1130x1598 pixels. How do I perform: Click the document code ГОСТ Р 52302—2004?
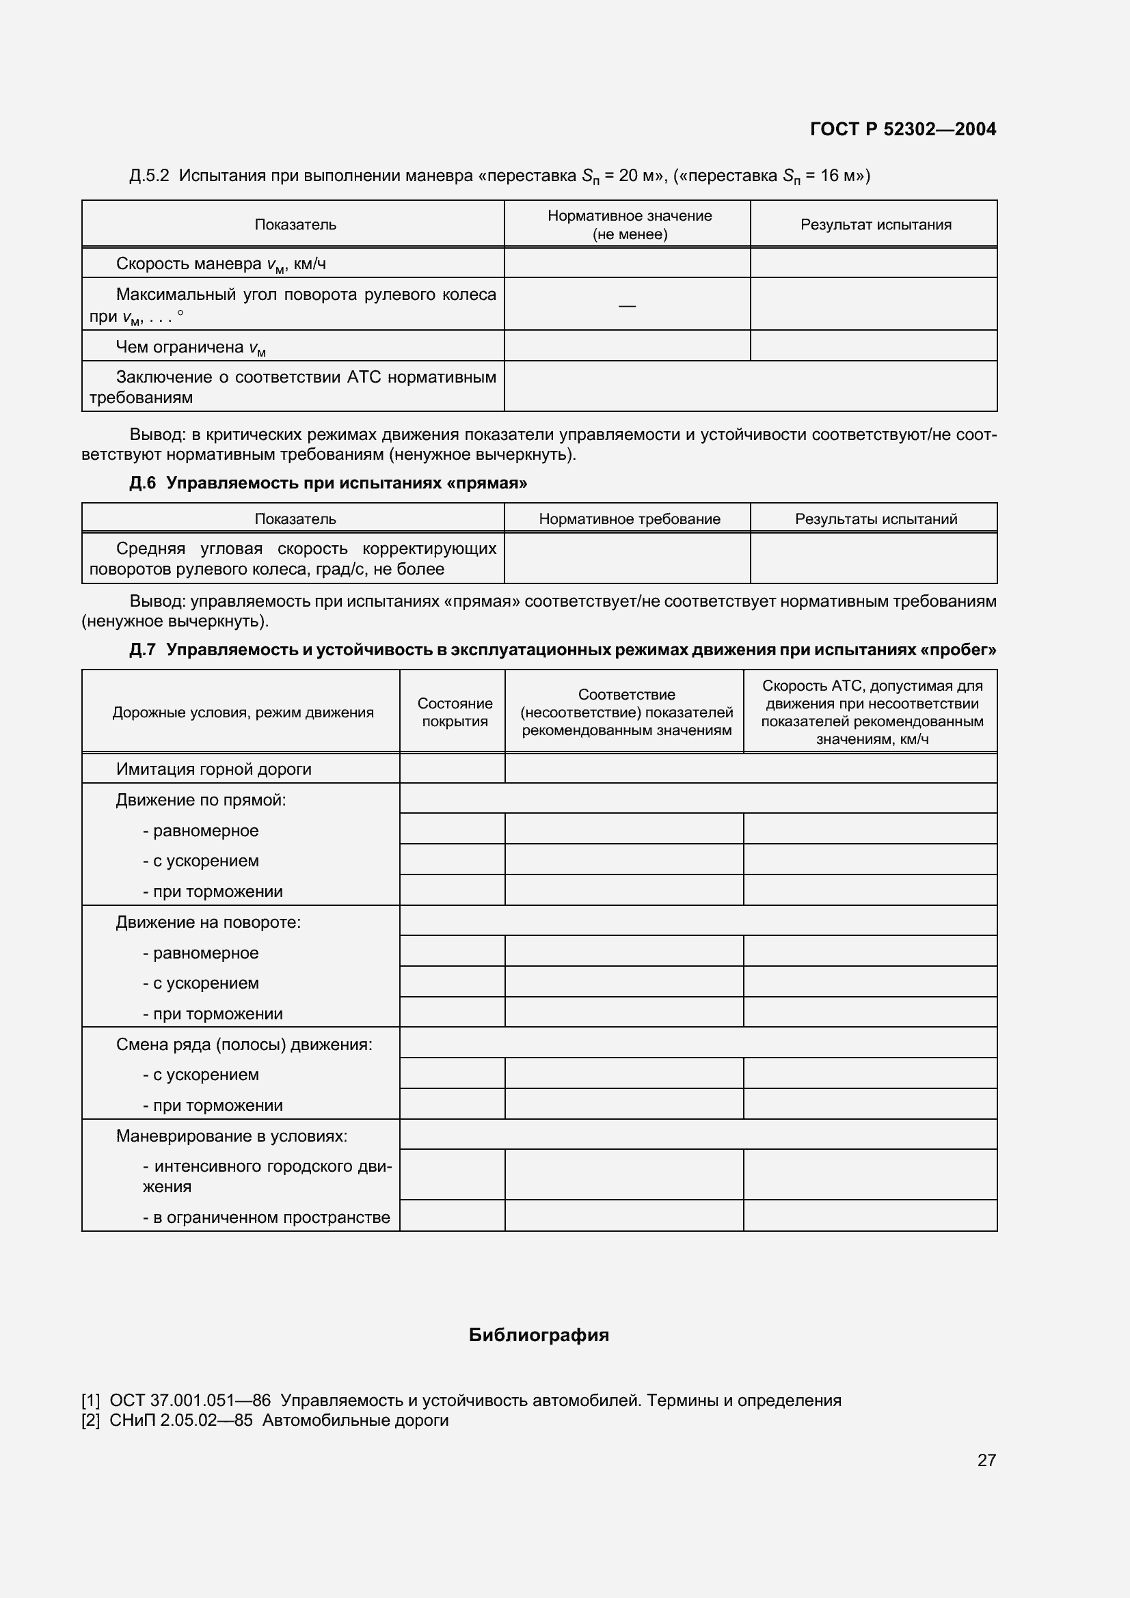902,129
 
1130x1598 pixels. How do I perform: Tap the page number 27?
986,1460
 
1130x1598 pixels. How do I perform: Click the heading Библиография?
538,1335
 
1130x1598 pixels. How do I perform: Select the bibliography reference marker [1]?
91,1401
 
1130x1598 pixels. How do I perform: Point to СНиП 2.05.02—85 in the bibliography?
181,1420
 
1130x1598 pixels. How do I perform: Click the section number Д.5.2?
149,176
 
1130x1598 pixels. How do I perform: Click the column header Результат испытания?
875,225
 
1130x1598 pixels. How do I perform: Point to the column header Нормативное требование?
629,519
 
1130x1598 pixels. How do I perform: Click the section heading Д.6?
143,483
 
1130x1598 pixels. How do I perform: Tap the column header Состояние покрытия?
454,712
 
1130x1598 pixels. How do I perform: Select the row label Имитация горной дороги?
213,769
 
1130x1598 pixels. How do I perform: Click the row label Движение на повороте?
208,922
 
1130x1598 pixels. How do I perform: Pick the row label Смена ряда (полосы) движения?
243,1045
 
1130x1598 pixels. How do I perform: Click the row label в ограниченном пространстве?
266,1217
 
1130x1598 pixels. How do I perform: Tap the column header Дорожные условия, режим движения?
243,713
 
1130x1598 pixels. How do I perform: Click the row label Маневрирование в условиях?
231,1136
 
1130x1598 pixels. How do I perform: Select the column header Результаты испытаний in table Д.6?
875,519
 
